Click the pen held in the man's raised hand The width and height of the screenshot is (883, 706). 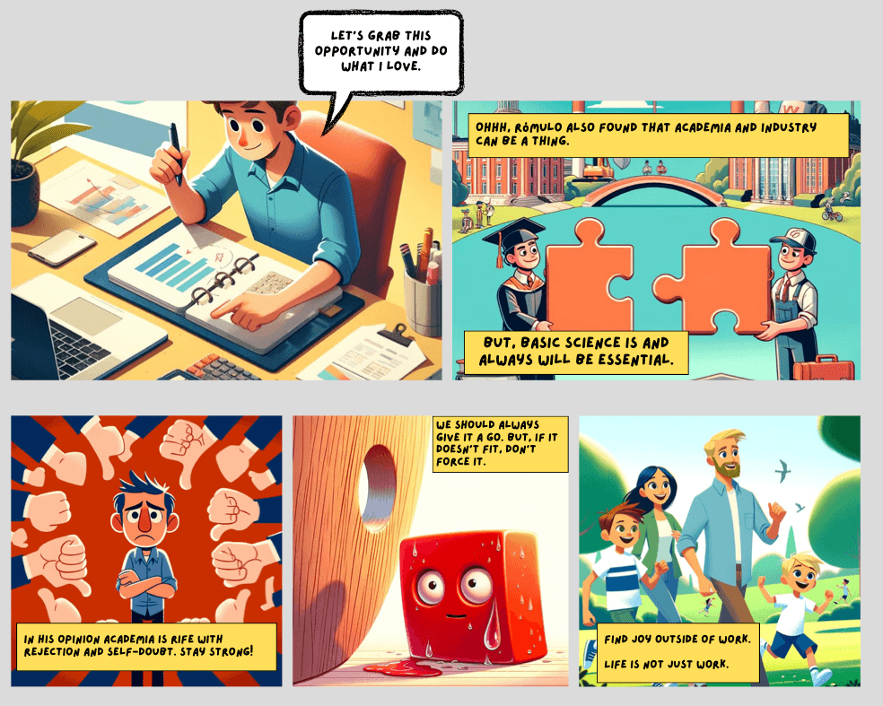[176, 153]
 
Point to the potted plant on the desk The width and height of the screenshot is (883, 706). [28, 163]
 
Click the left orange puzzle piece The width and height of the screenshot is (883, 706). [589, 280]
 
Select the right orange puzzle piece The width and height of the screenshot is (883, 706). [713, 279]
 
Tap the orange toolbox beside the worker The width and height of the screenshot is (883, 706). [823, 369]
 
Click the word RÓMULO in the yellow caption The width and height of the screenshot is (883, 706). [538, 127]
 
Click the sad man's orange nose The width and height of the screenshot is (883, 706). [145, 521]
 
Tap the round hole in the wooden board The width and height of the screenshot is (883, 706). [377, 488]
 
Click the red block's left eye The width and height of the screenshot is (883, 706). [430, 586]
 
